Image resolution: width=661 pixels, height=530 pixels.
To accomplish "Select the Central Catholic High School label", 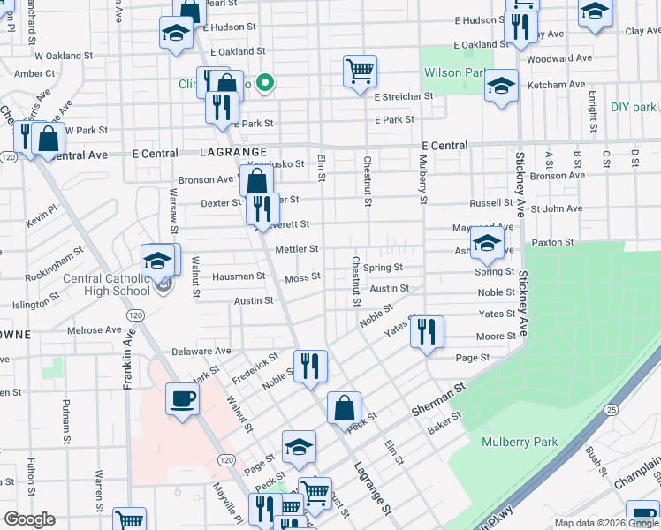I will coord(107,285).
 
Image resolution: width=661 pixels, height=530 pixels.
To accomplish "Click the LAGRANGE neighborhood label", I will coord(232,152).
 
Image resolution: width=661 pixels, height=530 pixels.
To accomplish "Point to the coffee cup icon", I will coord(183,399).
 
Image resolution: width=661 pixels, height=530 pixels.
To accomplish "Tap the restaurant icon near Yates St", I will coord(427,332).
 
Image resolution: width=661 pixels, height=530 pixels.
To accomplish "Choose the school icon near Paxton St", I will coord(487,244).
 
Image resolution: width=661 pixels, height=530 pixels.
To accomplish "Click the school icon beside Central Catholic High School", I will coord(158,260).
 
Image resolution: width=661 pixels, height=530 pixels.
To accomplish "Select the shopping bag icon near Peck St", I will coord(344,408).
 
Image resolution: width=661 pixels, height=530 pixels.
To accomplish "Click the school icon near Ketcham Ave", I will coord(501,87).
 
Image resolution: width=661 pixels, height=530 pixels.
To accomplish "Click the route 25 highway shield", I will coord(611,410).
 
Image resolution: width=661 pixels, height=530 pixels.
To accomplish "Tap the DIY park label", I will coord(634,107).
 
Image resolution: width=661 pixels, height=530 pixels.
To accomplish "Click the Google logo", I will coord(29,519).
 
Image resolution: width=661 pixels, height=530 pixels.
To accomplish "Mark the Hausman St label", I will coord(239,276).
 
